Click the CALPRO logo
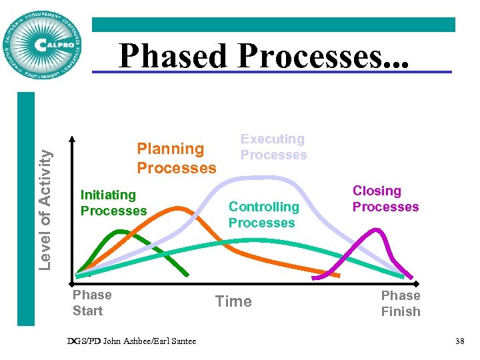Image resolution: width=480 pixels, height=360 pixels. pos(43,45)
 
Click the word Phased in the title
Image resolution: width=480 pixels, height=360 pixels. pos(172,57)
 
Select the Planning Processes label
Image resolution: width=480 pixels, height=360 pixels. pos(176,158)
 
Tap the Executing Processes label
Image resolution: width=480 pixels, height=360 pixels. pos(273,147)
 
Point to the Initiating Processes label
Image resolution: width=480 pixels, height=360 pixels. pos(113,203)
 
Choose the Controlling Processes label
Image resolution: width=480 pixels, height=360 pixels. pos(263,215)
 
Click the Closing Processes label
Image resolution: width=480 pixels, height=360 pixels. pos(385,199)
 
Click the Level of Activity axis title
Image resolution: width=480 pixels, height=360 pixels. pos(45,209)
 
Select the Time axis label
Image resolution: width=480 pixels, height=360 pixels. pos(233,301)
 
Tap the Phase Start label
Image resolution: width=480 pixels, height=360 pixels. pos(92,303)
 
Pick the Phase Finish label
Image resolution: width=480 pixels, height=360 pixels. pos(400,303)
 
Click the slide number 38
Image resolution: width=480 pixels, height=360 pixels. pos(459,341)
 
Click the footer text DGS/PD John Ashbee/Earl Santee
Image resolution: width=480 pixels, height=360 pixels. pos(132,341)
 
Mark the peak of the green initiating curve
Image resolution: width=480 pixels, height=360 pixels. pos(120,231)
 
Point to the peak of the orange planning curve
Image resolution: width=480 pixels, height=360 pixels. pos(176,208)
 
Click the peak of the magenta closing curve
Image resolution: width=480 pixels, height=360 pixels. pos(376,230)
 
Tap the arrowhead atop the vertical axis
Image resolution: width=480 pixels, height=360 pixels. pos(75,139)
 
